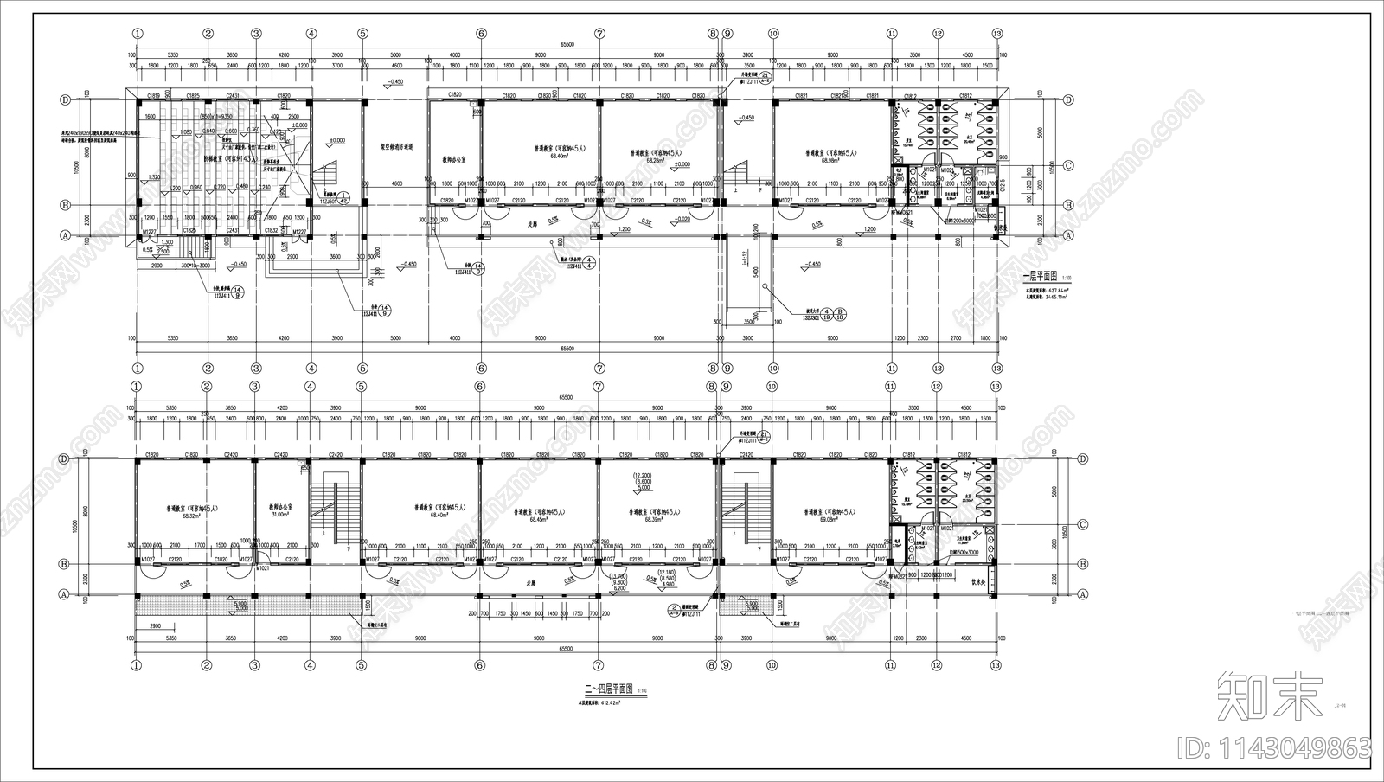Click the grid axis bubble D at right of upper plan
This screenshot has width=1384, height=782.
pos(1068,99)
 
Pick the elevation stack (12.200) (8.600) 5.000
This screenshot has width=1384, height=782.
pos(642,482)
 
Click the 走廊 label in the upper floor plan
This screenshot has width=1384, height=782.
pos(534,222)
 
